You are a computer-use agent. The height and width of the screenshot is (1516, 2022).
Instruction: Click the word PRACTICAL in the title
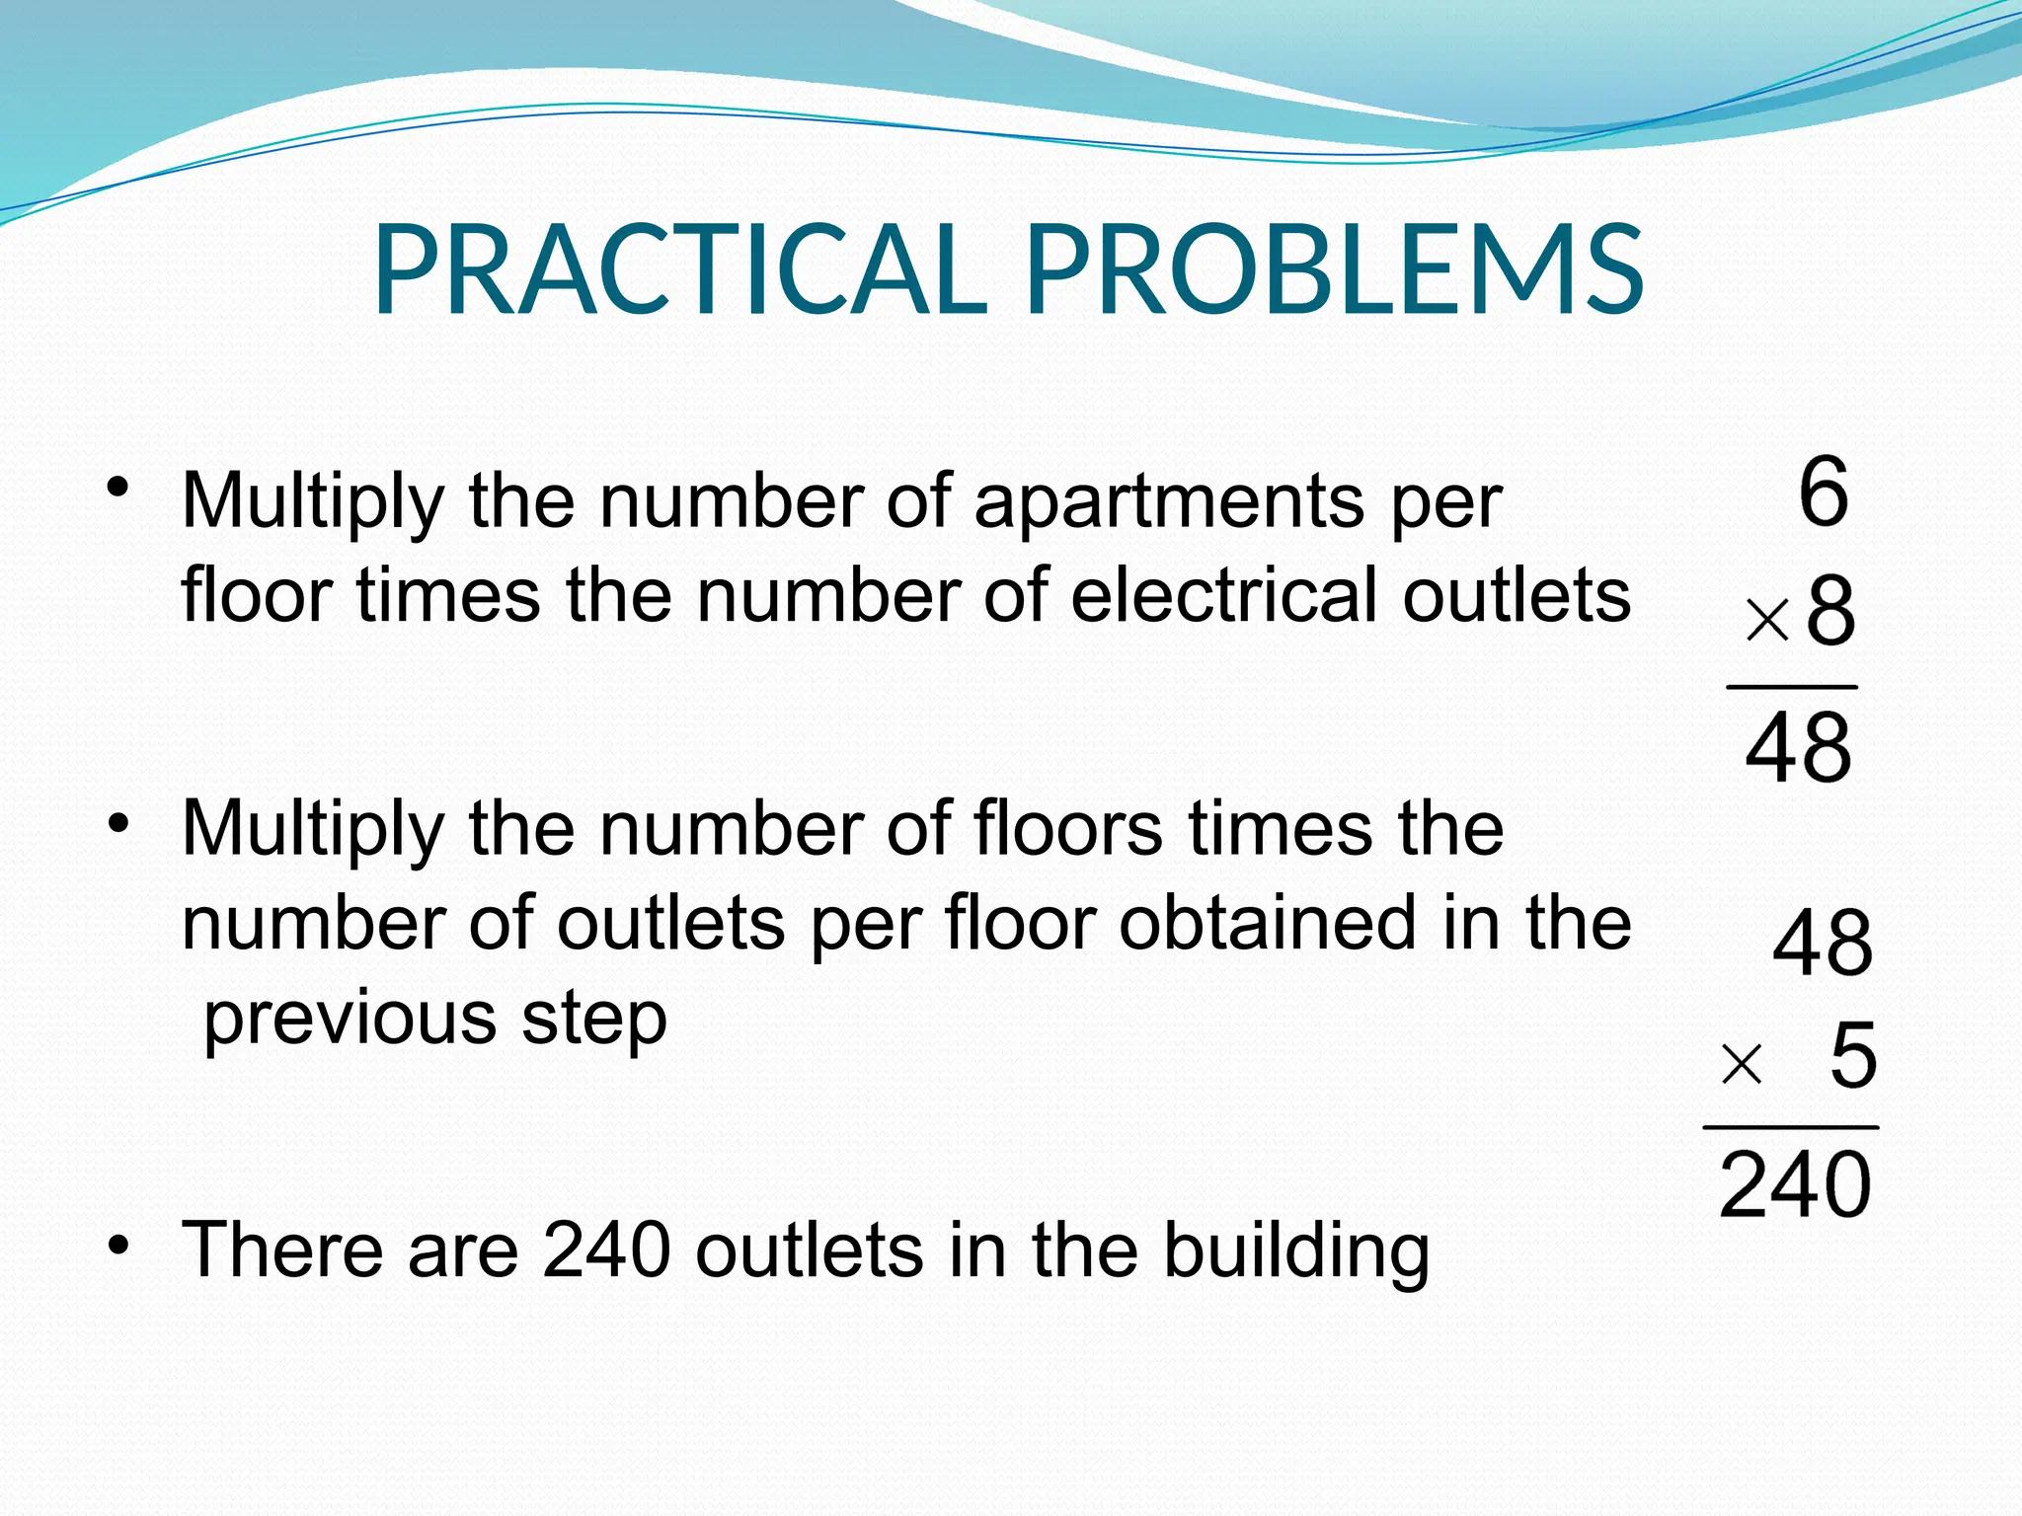(679, 268)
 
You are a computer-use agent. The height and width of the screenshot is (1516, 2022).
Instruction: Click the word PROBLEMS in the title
(1335, 268)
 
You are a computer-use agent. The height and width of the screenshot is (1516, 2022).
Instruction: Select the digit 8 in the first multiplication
(1830, 613)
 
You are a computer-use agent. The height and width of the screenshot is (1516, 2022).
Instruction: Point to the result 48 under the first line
(1798, 748)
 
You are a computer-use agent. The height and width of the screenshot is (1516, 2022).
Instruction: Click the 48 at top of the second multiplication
(1823, 943)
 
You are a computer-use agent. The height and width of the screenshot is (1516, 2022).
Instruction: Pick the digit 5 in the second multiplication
(1852, 1056)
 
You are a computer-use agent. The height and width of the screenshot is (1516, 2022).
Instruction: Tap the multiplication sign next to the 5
(1741, 1065)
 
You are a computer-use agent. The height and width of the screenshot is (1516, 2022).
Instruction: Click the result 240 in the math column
(1794, 1184)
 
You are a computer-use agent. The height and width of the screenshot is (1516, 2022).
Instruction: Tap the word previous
(350, 1019)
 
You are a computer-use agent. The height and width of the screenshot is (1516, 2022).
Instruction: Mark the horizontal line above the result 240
(1790, 1127)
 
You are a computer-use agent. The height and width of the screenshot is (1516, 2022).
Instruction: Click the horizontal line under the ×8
(1791, 687)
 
